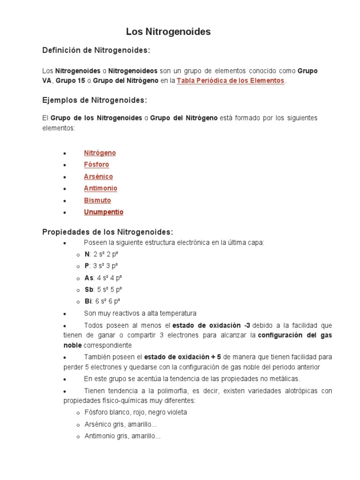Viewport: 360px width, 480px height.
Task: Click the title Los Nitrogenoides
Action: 168,32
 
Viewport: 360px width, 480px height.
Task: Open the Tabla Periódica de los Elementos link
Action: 231,81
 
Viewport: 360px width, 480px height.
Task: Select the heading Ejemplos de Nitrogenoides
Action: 95,100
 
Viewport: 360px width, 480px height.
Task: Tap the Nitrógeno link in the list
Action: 100,153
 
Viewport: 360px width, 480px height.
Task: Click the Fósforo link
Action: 97,165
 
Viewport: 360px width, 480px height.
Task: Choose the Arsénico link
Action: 98,177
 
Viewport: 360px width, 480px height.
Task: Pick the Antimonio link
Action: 100,188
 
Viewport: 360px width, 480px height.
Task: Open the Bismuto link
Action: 97,200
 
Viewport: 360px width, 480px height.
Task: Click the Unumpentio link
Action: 104,212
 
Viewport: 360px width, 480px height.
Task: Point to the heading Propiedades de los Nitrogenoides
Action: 108,232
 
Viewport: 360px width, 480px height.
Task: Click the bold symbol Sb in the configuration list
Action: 89,289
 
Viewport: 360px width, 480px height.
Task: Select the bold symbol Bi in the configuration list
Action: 88,301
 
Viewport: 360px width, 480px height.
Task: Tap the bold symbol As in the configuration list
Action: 89,277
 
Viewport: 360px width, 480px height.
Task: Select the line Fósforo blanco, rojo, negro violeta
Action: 135,412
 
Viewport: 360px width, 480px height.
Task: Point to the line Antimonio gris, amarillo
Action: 122,436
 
